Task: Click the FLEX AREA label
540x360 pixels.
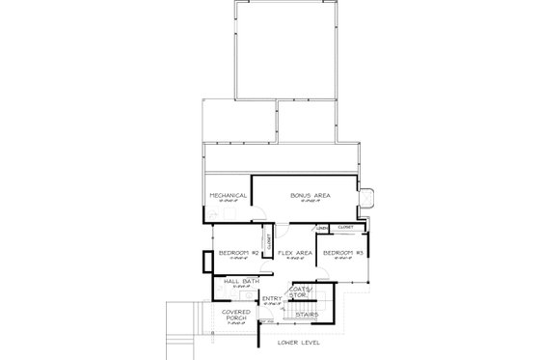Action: point(294,253)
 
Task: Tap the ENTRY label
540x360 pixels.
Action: point(273,299)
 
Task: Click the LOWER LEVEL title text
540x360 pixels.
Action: point(296,343)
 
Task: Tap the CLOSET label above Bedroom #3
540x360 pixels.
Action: point(345,227)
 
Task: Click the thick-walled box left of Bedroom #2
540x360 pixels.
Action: point(205,262)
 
